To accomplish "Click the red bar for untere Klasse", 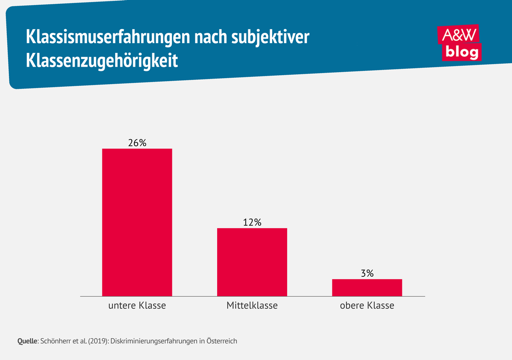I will click(x=137, y=222).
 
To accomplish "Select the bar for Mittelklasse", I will click(x=252, y=262).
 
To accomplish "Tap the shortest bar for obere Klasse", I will click(x=367, y=287).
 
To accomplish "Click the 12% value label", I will click(x=252, y=222).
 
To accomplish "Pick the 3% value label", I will click(x=367, y=273).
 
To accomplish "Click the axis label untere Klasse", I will click(x=137, y=306).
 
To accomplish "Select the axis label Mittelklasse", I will click(x=252, y=306).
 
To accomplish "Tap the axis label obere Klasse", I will click(x=367, y=306).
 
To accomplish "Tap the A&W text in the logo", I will click(x=458, y=35).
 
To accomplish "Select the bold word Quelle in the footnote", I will click(x=28, y=341).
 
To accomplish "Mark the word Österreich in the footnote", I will click(x=221, y=341).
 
